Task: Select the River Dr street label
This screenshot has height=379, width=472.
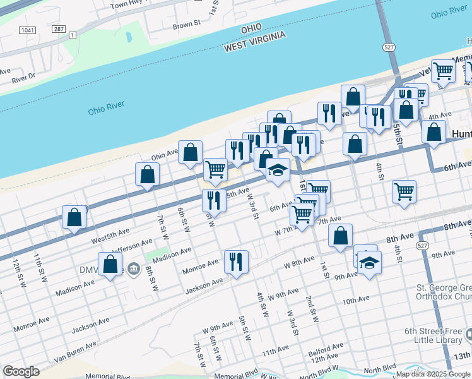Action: point(24,78)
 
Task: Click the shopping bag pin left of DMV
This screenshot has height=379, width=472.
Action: point(110,264)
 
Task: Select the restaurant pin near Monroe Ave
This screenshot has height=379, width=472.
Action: point(236,261)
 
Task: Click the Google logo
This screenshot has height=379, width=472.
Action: point(21,371)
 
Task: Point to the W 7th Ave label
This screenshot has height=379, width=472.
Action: point(290,232)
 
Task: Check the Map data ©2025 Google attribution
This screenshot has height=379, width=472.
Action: point(433,374)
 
